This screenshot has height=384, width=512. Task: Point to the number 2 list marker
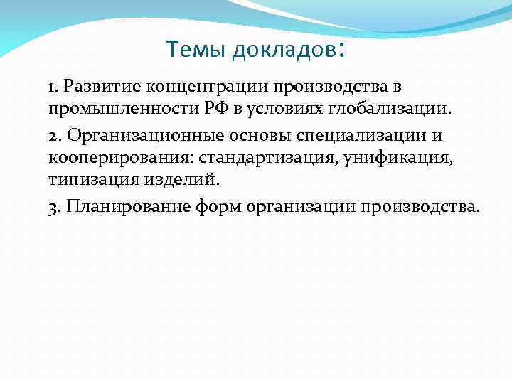53,135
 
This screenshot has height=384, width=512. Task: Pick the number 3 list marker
53,206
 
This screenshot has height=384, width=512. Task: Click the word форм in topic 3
225,207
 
